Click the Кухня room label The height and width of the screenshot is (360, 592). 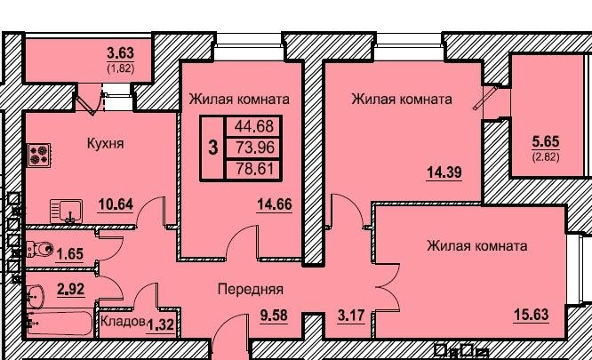105,142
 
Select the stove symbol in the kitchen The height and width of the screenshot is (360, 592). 39,156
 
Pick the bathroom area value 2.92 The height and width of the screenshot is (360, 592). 71,289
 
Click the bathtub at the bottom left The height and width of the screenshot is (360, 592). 58,323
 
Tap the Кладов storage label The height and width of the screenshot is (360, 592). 122,322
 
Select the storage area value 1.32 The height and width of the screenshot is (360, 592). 160,324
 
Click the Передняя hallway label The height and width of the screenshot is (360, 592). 251,289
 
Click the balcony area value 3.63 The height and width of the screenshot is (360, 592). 121,53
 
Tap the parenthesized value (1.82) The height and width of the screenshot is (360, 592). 121,67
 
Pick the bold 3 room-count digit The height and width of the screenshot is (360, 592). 212,148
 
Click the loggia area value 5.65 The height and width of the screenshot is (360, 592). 546,141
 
